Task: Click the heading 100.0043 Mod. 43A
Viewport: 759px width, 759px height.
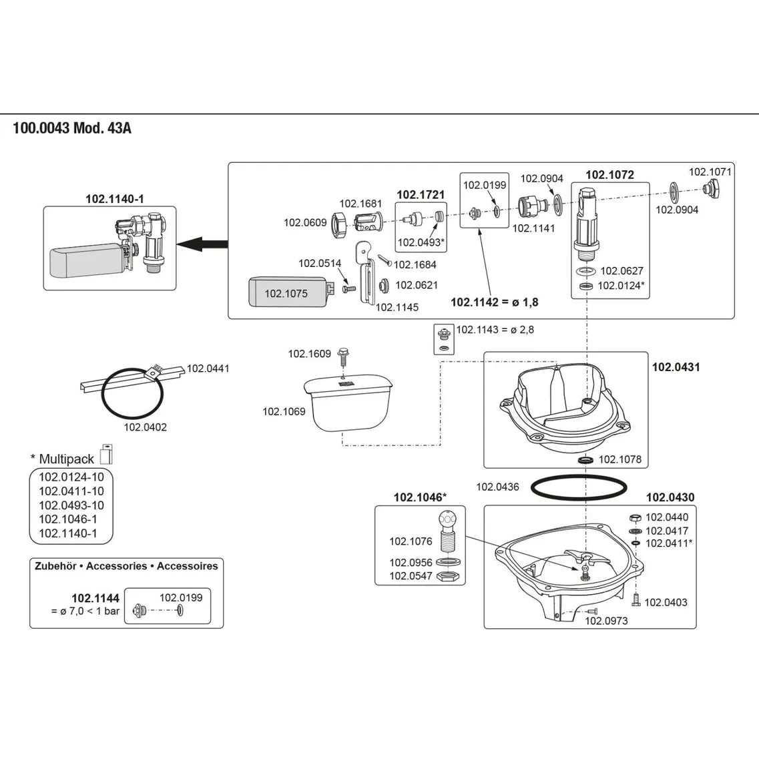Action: (72, 128)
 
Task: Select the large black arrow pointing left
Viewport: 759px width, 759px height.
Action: (204, 244)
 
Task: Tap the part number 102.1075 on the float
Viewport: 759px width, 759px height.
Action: (286, 293)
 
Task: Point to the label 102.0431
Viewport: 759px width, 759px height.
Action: (676, 367)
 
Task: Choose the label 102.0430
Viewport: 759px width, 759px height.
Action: (670, 497)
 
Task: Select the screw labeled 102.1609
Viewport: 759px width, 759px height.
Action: (343, 355)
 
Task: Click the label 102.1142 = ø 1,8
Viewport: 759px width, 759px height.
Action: (494, 302)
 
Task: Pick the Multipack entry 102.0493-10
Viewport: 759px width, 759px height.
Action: (71, 505)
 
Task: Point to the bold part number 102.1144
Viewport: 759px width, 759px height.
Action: (95, 598)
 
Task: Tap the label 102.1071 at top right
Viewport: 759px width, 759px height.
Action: (710, 172)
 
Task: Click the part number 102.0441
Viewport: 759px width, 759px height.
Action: (208, 368)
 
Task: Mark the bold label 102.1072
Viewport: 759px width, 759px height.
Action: (609, 175)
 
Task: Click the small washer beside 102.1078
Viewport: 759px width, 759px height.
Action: (585, 461)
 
